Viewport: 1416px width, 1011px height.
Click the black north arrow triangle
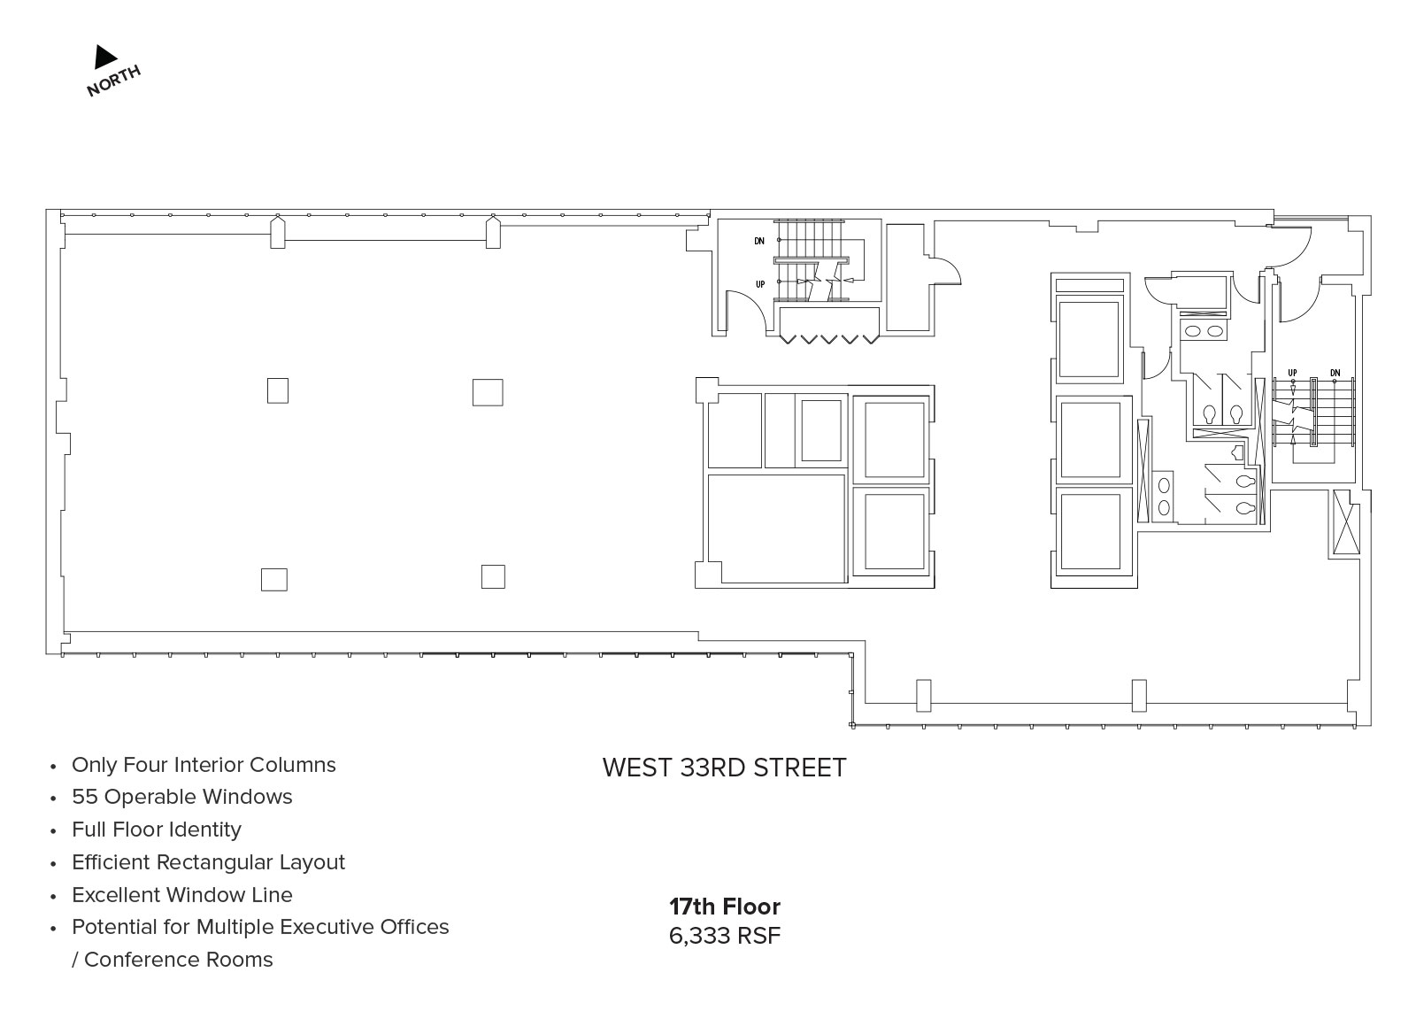click(x=104, y=57)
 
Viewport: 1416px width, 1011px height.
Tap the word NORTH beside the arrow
click(x=114, y=81)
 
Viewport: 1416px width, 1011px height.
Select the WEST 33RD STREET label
click(x=724, y=768)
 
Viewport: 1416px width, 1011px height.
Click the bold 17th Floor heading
click(x=725, y=907)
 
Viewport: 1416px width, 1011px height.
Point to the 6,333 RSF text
click(x=725, y=936)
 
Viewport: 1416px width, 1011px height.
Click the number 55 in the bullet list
click(x=84, y=797)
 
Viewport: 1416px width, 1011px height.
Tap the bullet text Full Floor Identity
click(x=157, y=830)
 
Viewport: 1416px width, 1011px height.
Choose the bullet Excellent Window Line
click(x=182, y=895)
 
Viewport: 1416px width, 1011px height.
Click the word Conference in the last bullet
click(x=142, y=960)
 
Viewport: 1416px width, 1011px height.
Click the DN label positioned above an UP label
click(x=759, y=241)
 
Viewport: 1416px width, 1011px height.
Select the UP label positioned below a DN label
click(x=760, y=284)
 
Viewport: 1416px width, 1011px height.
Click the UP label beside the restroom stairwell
click(x=1292, y=373)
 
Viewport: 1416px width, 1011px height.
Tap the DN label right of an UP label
click(x=1335, y=373)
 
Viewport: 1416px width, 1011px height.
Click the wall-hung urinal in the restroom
click(x=1237, y=452)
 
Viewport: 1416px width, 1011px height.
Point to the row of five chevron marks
click(x=828, y=340)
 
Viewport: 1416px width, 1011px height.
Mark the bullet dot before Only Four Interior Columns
click(x=54, y=767)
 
